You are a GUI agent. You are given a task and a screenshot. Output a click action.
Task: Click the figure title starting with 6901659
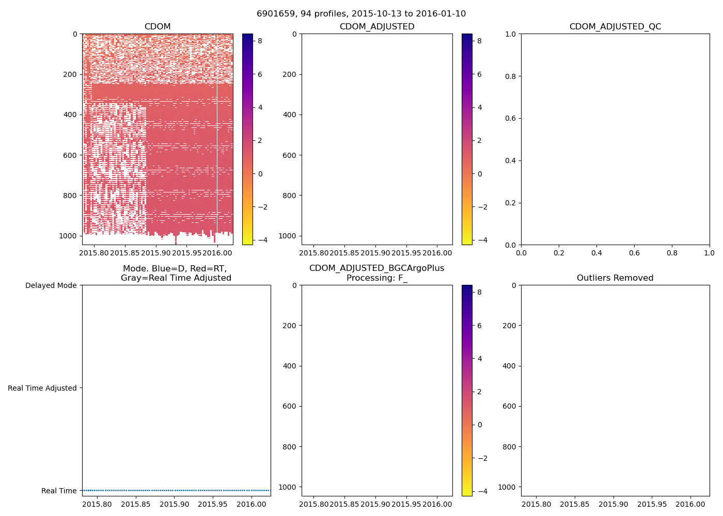point(361,14)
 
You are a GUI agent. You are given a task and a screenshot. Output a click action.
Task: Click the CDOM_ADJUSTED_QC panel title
point(615,27)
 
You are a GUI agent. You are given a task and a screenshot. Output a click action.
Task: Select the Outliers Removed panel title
point(615,278)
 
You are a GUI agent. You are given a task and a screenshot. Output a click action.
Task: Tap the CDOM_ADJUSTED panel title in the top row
point(377,27)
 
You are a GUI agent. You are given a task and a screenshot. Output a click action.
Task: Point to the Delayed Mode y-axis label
point(51,285)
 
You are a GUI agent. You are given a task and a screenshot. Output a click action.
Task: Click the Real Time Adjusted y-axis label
point(42,388)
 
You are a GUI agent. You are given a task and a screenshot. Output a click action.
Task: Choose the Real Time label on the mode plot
point(59,491)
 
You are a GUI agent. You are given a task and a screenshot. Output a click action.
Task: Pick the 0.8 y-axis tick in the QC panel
point(510,76)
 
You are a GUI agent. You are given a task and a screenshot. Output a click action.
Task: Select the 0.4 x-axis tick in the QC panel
point(596,253)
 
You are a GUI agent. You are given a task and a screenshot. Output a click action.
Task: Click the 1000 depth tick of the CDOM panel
point(68,236)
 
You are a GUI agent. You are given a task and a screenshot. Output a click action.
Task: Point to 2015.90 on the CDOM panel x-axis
point(155,253)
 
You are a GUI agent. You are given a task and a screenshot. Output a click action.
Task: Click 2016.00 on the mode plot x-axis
point(252,504)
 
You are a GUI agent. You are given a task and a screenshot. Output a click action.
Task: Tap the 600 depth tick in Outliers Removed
point(509,406)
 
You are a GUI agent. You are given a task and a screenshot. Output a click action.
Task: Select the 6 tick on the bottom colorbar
point(480,326)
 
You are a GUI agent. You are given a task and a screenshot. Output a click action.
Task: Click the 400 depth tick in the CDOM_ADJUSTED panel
point(290,115)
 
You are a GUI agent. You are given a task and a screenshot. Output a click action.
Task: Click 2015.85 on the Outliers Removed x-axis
point(575,504)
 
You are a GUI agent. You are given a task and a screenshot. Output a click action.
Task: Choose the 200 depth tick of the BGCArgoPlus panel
point(290,326)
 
